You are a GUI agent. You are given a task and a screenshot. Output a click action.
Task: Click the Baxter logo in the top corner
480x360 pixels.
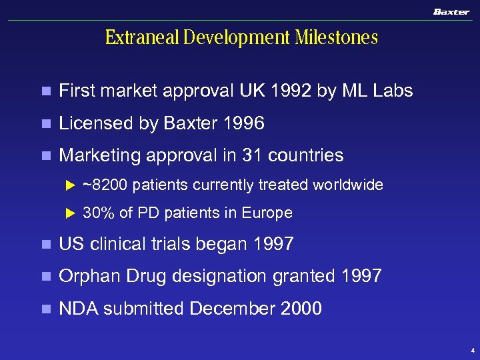(x=451, y=11)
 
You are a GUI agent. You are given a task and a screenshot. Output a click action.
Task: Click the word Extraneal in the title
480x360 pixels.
(x=142, y=37)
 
